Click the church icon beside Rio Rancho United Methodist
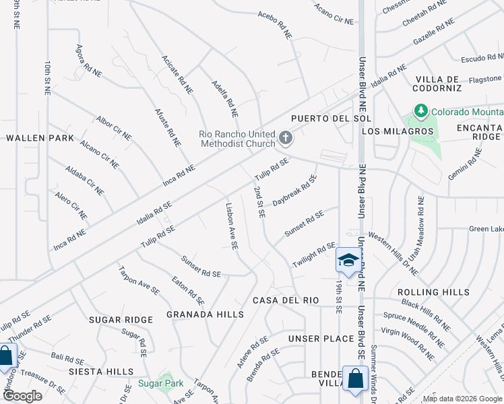pyautogui.click(x=286, y=139)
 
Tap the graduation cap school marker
pyautogui.click(x=347, y=260)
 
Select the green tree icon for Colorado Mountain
pyautogui.click(x=421, y=110)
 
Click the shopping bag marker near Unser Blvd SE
pyautogui.click(x=354, y=379)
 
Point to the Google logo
pyautogui.click(x=23, y=396)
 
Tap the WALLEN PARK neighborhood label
pyautogui.click(x=40, y=137)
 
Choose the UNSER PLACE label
pyautogui.click(x=321, y=338)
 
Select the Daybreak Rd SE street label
pyautogui.click(x=294, y=191)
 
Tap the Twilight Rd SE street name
pyautogui.click(x=313, y=255)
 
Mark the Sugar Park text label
pyautogui.click(x=157, y=383)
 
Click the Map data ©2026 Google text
pyautogui.click(x=461, y=399)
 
